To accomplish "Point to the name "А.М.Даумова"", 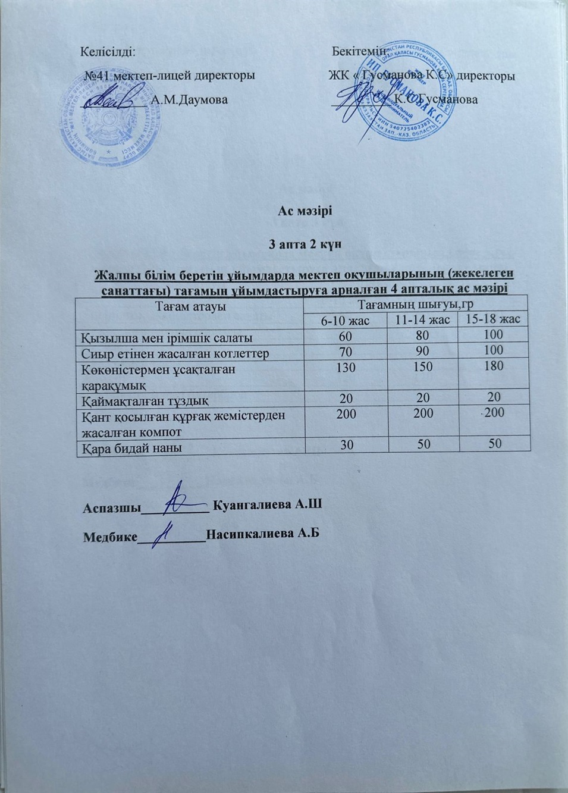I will pos(190,99).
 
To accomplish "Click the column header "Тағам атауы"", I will pos(189,306).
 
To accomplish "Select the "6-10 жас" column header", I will pos(346,321).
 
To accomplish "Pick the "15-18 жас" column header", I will pos(493,319).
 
